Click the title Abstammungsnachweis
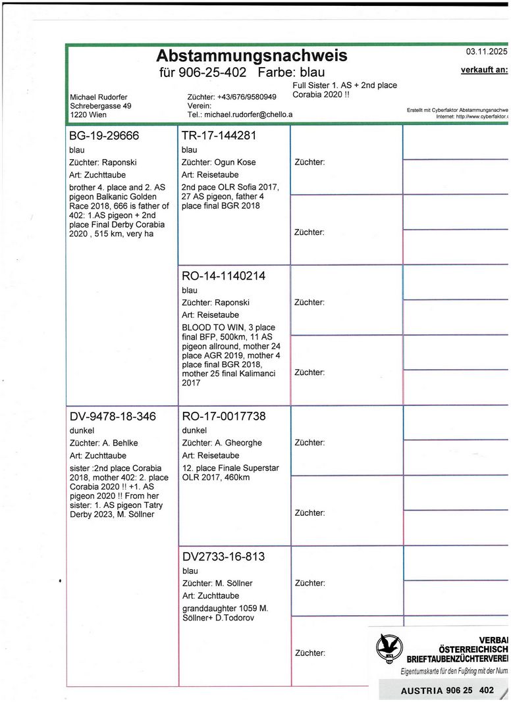pos(251,55)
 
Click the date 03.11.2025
pos(486,51)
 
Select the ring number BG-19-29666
pos(104,136)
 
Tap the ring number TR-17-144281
pos(218,136)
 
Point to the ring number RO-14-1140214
pos(223,276)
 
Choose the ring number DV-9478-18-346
pos(112,416)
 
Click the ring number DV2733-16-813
pos(223,557)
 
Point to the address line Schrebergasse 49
pos(100,106)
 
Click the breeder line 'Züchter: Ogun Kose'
pos(219,162)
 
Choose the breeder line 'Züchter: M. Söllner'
pos(217,583)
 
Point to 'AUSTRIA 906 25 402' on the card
pos(447,691)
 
